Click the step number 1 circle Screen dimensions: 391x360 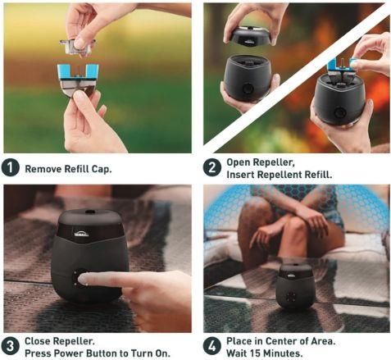[10, 168]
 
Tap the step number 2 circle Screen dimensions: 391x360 [212, 167]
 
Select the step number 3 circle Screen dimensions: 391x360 [10, 346]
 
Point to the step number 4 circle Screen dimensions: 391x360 [212, 346]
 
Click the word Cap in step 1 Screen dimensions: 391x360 [102, 169]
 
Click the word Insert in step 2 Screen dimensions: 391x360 [240, 175]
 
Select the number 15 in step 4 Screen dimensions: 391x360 [256, 353]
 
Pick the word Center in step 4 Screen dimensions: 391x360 [282, 341]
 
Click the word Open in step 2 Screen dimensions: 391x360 [238, 162]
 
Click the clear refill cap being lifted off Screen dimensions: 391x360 [78, 47]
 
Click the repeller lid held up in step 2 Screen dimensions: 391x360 [249, 36]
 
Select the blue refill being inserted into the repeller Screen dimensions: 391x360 [342, 69]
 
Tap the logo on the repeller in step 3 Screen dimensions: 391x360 [80, 235]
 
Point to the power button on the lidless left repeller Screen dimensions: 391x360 [248, 89]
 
